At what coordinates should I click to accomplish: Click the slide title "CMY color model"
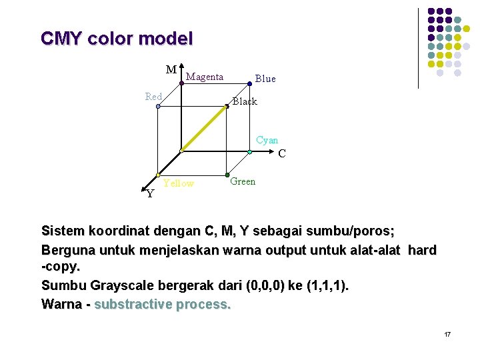[117, 39]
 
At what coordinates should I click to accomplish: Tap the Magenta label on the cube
[205, 77]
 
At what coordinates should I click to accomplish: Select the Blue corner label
[265, 79]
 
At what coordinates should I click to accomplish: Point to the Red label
[154, 97]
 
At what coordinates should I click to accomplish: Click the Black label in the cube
[245, 101]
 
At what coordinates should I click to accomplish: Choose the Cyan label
[267, 140]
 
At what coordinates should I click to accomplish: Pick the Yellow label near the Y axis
[179, 183]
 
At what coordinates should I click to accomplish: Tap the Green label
[243, 181]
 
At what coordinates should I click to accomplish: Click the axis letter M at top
[171, 69]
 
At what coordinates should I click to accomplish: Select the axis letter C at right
[282, 153]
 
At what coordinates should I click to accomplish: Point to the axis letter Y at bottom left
[150, 194]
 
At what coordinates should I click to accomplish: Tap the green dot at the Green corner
[227, 175]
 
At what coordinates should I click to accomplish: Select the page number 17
[447, 333]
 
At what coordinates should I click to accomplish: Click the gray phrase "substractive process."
[163, 305]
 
